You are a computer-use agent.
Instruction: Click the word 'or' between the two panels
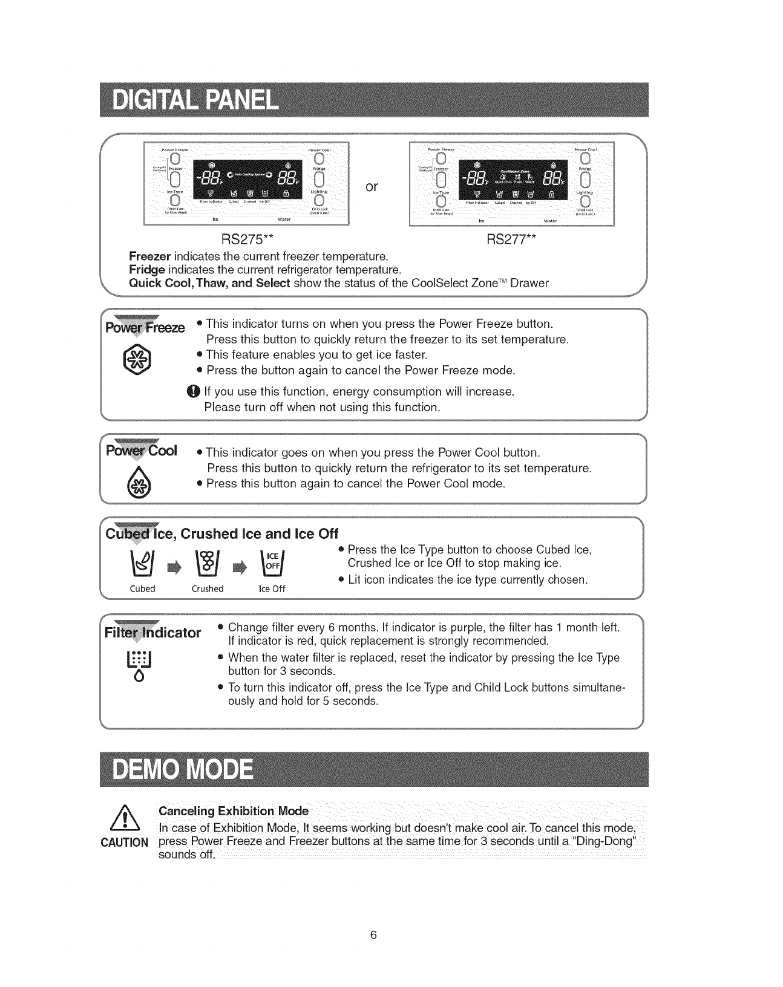point(372,187)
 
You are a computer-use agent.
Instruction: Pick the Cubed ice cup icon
point(143,565)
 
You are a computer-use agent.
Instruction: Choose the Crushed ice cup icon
point(208,565)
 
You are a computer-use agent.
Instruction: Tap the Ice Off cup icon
point(271,565)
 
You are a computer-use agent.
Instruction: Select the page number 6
point(373,936)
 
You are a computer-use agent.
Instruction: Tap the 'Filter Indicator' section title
point(153,633)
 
